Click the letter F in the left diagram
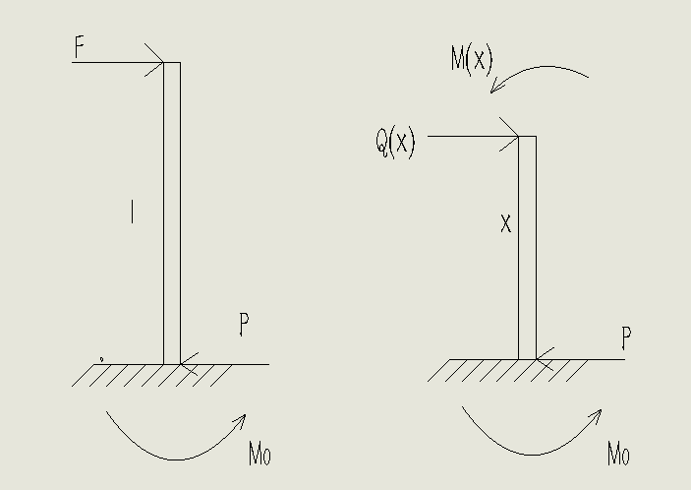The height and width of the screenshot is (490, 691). point(80,45)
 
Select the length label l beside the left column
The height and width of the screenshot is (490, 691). point(132,211)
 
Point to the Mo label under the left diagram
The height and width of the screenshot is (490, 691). point(259,455)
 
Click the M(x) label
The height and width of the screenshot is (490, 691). point(471,60)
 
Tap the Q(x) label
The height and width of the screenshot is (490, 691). point(395,144)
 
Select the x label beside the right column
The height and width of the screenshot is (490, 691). point(505,225)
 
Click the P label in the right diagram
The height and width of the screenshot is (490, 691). point(625,340)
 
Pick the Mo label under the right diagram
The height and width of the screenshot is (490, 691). point(617,455)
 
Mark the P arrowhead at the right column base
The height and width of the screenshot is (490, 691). point(543,360)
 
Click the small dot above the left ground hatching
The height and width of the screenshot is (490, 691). point(101,360)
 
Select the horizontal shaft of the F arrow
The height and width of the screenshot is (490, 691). point(113,63)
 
